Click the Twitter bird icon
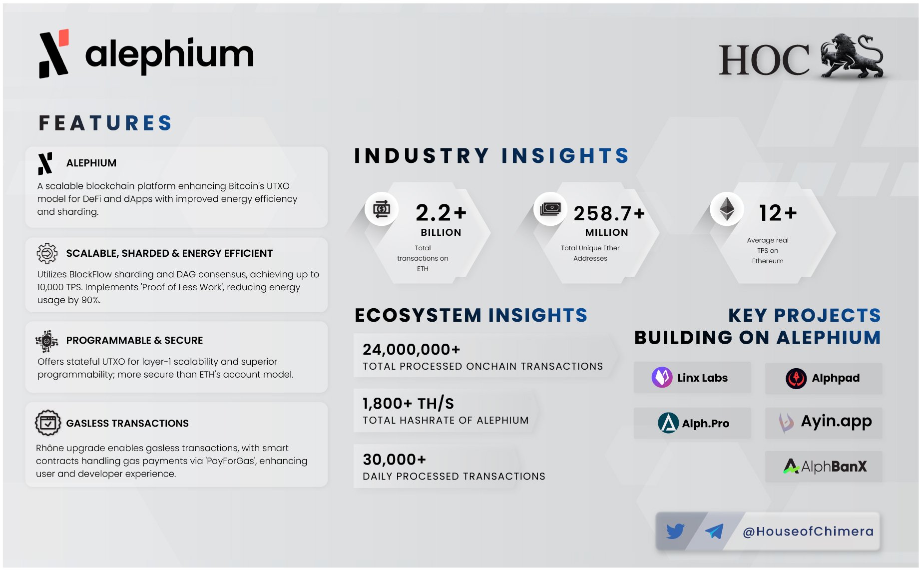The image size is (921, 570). [675, 531]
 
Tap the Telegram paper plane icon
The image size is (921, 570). [714, 531]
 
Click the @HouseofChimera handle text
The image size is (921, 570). [808, 532]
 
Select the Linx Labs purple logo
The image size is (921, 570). [662, 378]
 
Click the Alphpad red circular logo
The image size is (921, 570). [796, 378]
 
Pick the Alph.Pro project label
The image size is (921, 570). [705, 424]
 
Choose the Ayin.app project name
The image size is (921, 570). [836, 422]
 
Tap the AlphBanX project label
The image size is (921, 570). [834, 467]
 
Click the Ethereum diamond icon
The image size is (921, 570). [727, 208]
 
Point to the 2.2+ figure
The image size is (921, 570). [441, 213]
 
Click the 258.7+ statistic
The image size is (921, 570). [609, 214]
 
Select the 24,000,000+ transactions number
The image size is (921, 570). [411, 349]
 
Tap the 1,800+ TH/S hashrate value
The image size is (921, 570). [408, 403]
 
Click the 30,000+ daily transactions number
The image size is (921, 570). [394, 459]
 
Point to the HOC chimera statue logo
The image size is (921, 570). [852, 56]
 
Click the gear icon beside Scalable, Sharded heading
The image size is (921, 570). [47, 253]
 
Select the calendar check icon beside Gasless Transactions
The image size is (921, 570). [48, 423]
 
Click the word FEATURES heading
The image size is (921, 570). [105, 123]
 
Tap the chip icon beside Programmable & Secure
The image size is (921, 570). [47, 341]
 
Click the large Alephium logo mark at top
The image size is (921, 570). [54, 54]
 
